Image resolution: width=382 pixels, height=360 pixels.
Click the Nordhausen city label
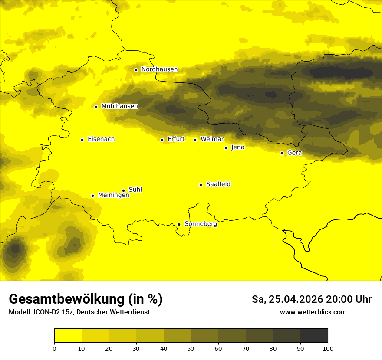coord(159,69)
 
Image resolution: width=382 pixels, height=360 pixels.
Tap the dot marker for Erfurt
coord(162,140)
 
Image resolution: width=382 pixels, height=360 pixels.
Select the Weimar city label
coord(212,139)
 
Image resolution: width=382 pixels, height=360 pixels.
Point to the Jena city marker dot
coord(226,148)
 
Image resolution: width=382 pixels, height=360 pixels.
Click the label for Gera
coord(294,153)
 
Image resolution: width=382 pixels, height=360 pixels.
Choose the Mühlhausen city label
coord(119,106)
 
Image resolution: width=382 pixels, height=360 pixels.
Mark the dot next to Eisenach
coord(82,140)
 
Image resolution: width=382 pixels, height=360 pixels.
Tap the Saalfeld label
coord(218,184)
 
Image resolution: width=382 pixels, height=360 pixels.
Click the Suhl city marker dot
coord(123,190)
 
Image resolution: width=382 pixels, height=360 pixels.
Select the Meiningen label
coord(114,195)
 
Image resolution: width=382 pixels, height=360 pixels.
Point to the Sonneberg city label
coord(201,224)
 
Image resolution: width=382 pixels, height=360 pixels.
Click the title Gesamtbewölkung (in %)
coord(86,299)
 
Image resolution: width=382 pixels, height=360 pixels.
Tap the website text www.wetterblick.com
coord(313,312)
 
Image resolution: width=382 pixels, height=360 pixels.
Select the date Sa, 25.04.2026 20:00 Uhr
coord(311,300)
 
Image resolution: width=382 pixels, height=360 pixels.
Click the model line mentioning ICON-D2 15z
coord(79,312)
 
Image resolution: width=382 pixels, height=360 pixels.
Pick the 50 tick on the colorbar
coord(191,348)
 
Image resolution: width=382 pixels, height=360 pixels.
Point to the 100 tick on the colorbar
coord(328,348)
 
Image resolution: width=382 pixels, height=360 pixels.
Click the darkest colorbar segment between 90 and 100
coord(314,336)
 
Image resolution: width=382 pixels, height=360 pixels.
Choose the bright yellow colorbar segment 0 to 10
coord(68,336)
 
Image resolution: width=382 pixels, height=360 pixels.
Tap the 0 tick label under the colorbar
coord(54,348)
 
